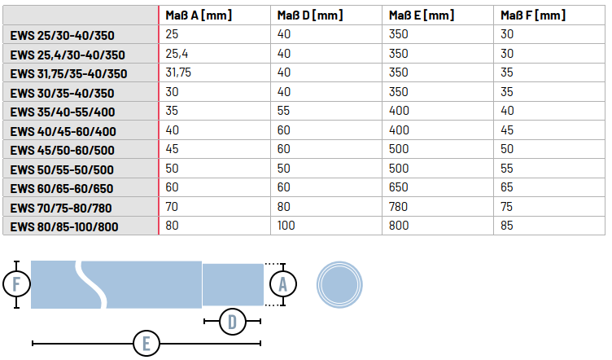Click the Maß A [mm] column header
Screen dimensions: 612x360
point(199,15)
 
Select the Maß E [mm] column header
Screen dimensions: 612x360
point(422,15)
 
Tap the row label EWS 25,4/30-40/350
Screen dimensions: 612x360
point(68,55)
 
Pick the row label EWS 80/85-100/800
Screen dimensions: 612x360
point(64,227)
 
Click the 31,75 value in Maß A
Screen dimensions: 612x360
point(178,72)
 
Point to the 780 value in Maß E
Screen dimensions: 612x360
point(398,207)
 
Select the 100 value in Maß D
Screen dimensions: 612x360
point(286,226)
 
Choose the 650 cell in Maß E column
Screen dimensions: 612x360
point(399,187)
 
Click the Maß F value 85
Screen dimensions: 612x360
point(507,226)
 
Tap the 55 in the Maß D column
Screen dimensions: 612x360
point(283,111)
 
